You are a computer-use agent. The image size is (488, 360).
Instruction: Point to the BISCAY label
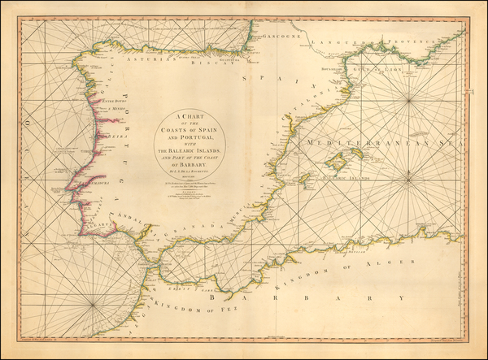[216, 59]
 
